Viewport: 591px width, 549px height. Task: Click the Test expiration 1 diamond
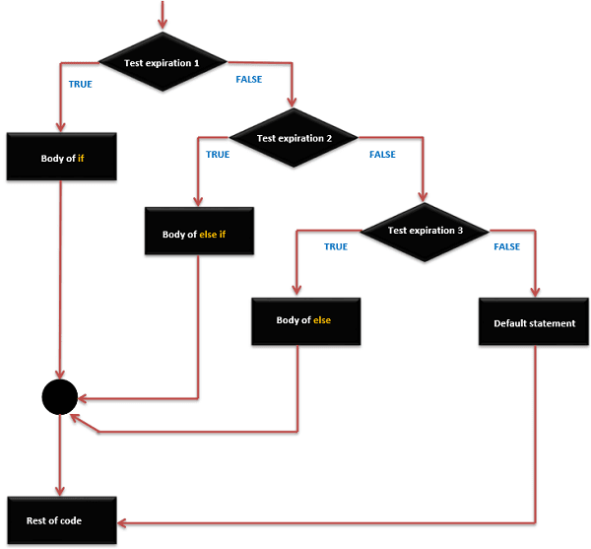pos(163,63)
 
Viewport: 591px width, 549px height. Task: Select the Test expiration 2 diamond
pos(295,139)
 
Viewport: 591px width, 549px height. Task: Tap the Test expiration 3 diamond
pos(425,231)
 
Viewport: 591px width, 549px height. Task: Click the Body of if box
pos(62,158)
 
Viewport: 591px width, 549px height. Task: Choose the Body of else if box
pos(200,235)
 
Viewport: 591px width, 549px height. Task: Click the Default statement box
pos(534,322)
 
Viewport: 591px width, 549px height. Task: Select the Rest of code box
pos(62,520)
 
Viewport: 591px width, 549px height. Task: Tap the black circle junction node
pos(60,398)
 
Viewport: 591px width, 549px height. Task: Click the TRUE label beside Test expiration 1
pos(80,85)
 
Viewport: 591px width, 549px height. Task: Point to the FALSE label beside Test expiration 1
pos(248,80)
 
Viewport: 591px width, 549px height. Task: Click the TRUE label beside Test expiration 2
pos(217,155)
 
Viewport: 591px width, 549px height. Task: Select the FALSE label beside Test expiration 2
pos(382,155)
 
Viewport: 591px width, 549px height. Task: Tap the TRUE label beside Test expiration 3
pos(335,246)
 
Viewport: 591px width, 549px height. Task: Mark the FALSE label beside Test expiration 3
pos(506,246)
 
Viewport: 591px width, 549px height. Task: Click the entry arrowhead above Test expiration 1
pos(163,24)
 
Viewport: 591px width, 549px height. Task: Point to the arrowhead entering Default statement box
pos(535,292)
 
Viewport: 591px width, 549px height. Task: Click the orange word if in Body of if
pos(81,158)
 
